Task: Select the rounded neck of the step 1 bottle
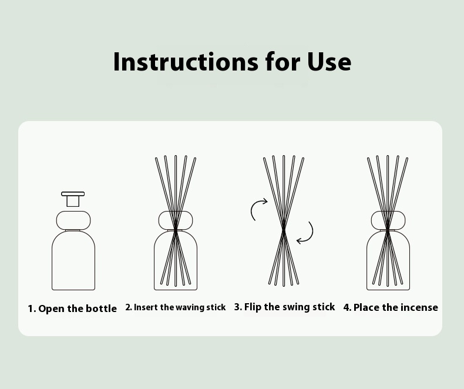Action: tap(73, 220)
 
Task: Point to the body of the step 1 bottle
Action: tap(73, 260)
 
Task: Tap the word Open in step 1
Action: tap(51, 308)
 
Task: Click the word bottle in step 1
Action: tap(101, 308)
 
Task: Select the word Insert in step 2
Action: tap(146, 307)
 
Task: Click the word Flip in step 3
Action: tap(253, 307)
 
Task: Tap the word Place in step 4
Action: tap(367, 307)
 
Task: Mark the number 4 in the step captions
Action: tap(346, 307)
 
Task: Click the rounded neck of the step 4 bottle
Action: tap(388, 220)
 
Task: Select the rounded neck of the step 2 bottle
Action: tap(176, 220)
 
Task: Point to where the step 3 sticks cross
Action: tap(284, 229)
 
